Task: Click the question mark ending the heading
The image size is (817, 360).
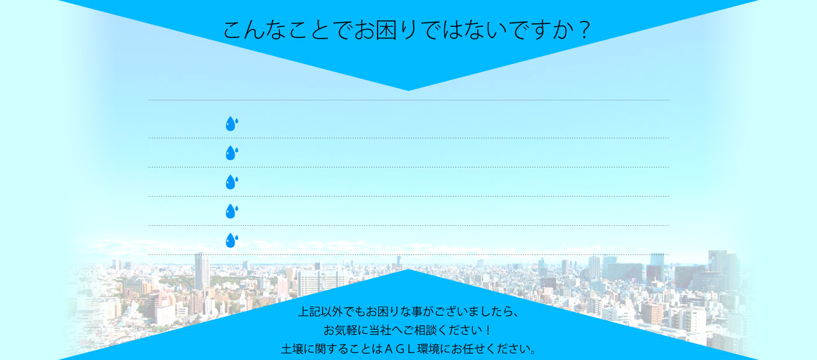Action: click(584, 30)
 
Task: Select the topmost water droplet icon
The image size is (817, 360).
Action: click(232, 124)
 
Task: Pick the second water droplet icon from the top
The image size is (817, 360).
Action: click(232, 153)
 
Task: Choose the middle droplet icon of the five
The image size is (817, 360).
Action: click(232, 182)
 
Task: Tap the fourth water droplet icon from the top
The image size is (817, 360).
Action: click(232, 211)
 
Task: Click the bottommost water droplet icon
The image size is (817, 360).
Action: click(232, 240)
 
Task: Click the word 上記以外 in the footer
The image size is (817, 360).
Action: click(321, 312)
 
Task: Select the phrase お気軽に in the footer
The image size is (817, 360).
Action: click(345, 330)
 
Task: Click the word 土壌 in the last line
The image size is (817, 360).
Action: click(292, 349)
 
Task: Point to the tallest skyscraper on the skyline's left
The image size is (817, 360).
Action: click(202, 272)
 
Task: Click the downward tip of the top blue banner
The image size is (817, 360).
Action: click(408, 90)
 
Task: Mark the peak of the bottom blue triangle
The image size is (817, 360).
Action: click(408, 270)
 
